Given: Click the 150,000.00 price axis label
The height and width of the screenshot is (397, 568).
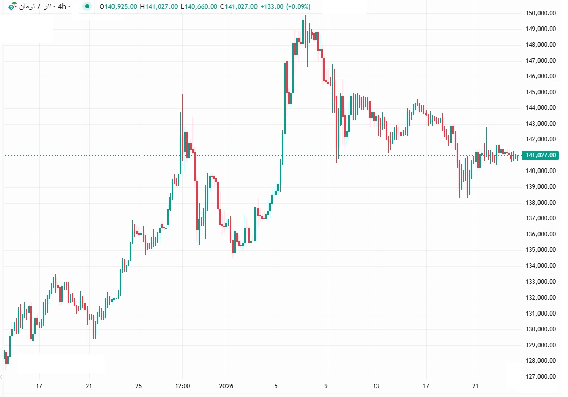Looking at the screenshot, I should tap(541, 13).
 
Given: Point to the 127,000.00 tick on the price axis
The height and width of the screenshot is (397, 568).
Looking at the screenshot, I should tap(541, 377).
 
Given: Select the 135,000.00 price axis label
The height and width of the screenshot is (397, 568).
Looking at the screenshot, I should tap(541, 250).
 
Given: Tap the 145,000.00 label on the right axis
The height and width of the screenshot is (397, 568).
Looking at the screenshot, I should tap(541, 92).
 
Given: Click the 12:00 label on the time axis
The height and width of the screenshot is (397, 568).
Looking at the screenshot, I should tap(182, 386).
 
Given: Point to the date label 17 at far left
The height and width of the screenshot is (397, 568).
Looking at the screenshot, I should tap(39, 386).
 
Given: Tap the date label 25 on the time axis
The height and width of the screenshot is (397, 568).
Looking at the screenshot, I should tap(139, 386).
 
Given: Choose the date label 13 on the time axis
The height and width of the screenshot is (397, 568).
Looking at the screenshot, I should tap(376, 386).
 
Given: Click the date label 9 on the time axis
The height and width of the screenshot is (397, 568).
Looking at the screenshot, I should tap(326, 386).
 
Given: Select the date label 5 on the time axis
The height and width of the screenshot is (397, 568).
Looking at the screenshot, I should tap(276, 386).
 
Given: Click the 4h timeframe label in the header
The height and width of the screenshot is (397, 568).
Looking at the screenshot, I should tap(63, 7).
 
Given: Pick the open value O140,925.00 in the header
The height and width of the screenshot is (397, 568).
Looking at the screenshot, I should tap(118, 7).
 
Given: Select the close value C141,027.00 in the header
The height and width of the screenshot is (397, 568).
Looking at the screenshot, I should tap(239, 7).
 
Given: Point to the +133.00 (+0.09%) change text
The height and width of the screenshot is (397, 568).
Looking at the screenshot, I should tap(286, 7).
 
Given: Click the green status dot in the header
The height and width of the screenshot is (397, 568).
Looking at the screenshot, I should tap(88, 7).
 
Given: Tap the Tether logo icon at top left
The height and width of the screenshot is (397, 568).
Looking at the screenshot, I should tap(12, 7).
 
